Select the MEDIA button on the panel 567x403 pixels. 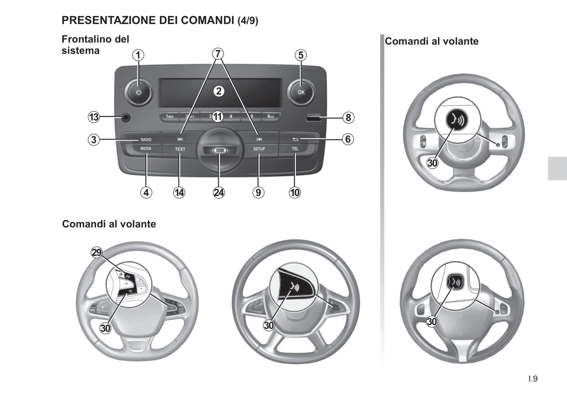point(146,149)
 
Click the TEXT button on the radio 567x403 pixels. point(180,149)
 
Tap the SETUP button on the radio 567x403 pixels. point(259,149)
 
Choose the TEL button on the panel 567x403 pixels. point(295,149)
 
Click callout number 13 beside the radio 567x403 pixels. point(94,117)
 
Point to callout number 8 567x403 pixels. point(348,117)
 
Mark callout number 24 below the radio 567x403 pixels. point(219,192)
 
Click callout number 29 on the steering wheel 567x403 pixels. point(97,253)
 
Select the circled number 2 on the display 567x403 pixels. point(219,92)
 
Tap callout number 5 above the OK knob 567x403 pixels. point(301,55)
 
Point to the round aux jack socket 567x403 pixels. point(126,117)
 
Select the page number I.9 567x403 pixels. point(533,379)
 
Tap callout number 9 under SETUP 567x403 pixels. point(258,192)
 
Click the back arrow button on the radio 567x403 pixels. point(295,139)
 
